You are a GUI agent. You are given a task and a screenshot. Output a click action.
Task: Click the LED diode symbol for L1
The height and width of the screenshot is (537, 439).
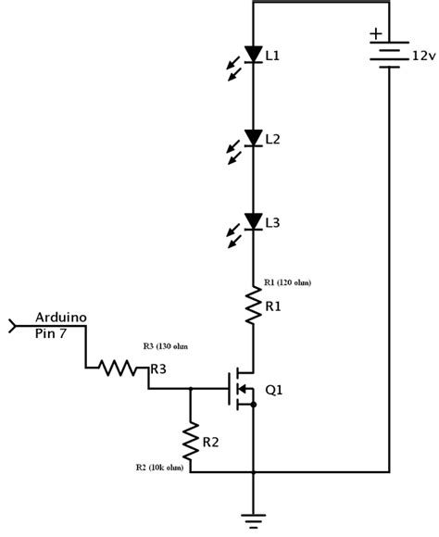pos(253,56)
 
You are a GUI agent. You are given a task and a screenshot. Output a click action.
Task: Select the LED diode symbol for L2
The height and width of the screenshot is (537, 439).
pos(253,139)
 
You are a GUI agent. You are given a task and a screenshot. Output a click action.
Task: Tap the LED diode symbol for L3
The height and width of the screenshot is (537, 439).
pos(253,222)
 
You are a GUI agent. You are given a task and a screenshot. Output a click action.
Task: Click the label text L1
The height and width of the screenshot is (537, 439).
pos(272,56)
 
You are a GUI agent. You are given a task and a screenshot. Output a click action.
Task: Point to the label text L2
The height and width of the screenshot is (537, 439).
pos(272,140)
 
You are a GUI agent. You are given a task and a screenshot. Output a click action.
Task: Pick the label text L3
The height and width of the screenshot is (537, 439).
pos(272,223)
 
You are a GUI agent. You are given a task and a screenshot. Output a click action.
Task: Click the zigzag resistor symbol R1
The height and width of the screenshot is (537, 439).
pos(253,306)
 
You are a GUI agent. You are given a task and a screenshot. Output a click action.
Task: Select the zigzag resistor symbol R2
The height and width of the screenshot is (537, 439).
pos(191,443)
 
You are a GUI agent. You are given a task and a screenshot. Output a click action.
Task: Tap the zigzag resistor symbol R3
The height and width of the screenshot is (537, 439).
pos(117,368)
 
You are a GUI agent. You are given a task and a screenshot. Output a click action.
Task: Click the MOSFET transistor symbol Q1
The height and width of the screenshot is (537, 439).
pos(243,390)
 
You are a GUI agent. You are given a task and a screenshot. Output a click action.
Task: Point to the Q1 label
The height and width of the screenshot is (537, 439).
pos(275,390)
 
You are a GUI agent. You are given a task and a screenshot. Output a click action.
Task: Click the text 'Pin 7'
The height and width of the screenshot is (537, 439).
pos(51,331)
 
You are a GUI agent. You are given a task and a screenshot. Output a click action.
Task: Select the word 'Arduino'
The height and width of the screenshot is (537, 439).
pos(61,318)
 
